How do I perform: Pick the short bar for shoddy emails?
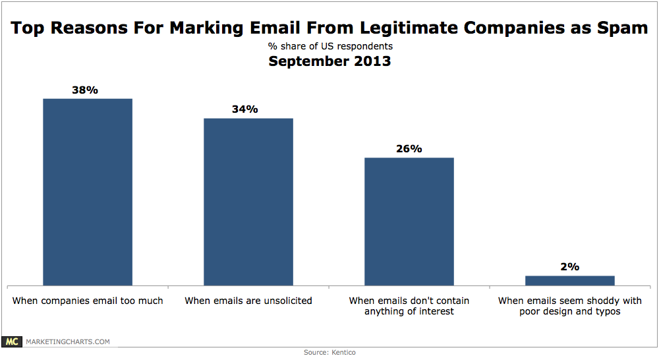point(570,280)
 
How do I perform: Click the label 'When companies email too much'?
point(88,301)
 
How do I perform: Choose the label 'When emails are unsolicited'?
point(248,301)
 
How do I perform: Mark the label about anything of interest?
point(409,306)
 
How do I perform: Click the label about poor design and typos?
point(570,306)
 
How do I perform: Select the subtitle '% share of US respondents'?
point(329,46)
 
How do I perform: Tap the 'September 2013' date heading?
point(329,61)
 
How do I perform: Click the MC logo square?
point(11,342)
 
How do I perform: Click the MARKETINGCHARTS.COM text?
point(67,342)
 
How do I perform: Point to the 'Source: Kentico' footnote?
point(329,353)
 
